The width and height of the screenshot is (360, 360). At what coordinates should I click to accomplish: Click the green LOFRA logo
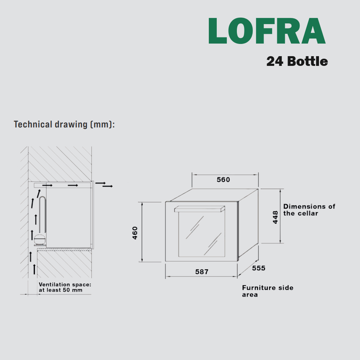click(267, 31)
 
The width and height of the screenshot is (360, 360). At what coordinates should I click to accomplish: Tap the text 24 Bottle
click(297, 61)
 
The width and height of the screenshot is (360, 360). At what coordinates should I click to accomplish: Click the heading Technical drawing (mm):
click(64, 124)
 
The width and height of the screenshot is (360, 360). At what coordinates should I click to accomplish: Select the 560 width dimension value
click(223, 180)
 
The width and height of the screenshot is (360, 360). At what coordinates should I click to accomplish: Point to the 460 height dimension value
click(135, 233)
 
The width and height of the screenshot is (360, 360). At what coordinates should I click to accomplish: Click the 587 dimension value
click(202, 271)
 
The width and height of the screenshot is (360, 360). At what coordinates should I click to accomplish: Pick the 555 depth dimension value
click(258, 268)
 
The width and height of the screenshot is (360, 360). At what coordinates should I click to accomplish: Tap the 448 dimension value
click(275, 217)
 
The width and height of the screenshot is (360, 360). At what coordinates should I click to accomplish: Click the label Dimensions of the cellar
click(309, 210)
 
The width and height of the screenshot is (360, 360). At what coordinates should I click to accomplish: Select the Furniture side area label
click(268, 291)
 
